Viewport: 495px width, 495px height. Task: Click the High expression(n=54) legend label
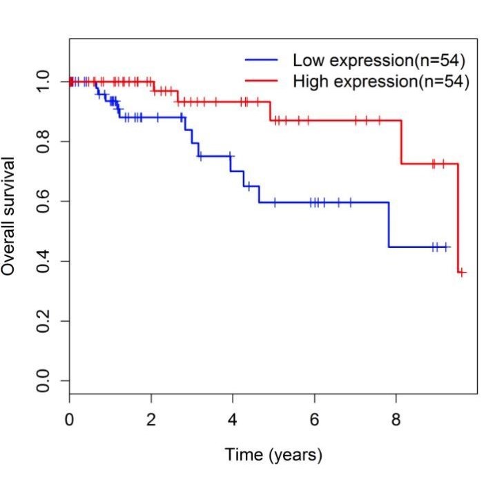point(381,81)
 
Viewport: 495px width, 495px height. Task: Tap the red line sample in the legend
point(261,81)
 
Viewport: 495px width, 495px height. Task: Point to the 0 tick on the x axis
point(69,418)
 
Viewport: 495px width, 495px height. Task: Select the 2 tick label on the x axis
point(151,418)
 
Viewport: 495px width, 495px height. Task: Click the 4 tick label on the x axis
point(233,418)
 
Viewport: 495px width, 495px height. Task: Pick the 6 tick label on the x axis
point(315,418)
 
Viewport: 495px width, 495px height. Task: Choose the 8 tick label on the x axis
point(396,418)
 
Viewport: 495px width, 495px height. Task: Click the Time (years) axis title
point(273,455)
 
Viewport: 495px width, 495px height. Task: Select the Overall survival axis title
point(9,215)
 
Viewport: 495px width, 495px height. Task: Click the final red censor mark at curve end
point(462,273)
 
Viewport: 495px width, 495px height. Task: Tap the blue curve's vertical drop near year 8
point(389,224)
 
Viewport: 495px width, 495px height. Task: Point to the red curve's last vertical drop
point(458,217)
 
